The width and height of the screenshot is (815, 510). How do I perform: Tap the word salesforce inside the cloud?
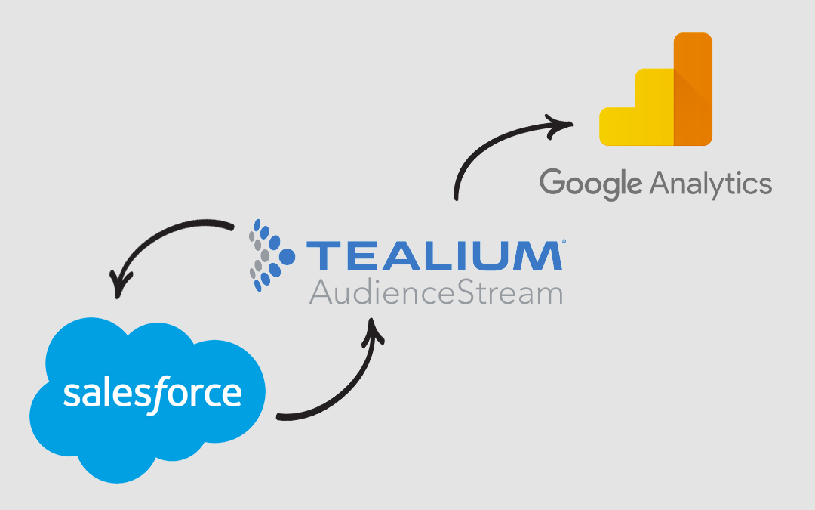152,394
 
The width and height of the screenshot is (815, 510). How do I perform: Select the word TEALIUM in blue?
435,255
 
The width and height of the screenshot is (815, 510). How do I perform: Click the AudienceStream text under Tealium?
436,293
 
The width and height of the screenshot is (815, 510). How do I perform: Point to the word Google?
591,184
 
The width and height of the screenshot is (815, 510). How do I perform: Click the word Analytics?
711,184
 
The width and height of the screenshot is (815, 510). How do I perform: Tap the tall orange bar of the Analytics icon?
693,89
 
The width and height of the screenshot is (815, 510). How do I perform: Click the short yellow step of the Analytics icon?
617,126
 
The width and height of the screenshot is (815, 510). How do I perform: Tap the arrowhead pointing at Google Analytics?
559,125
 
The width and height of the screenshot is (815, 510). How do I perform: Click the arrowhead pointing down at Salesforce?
119,285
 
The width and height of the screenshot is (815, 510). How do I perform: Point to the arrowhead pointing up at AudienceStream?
373,331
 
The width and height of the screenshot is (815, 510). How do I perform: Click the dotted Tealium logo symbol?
272,255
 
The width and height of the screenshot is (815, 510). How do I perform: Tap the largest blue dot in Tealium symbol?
287,256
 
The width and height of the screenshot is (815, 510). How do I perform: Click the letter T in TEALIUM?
324,255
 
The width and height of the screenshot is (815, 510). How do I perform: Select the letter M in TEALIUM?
538,255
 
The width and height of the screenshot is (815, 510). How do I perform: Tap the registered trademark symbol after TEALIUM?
564,241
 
